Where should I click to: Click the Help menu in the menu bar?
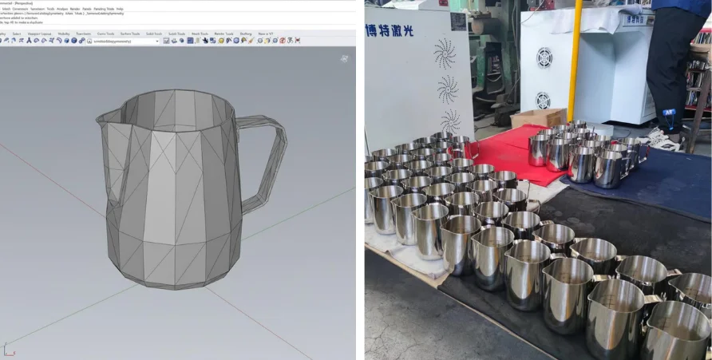120,9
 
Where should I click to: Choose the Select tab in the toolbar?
15,34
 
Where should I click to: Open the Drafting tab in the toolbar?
245,34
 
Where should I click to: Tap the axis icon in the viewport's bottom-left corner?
7,349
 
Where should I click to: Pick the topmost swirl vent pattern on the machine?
444,54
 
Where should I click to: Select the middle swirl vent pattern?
447,89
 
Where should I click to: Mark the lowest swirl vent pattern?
451,122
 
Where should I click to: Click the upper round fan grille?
544,57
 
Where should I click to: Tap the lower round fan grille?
543,101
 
